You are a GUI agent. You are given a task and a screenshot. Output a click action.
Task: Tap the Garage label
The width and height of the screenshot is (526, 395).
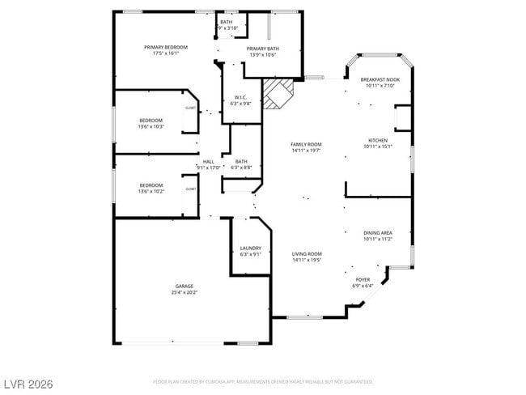point(184,286)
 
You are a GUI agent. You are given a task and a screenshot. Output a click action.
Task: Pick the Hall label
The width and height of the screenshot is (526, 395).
point(208,161)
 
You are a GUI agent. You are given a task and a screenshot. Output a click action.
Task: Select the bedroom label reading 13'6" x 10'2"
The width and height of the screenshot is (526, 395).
point(151,189)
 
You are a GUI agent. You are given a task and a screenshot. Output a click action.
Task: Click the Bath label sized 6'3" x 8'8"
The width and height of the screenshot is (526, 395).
point(241,164)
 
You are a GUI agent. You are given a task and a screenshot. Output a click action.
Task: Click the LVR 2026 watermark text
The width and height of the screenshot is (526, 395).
point(28,382)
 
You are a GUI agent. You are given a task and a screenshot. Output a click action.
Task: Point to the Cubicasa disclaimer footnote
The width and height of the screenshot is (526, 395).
point(263,380)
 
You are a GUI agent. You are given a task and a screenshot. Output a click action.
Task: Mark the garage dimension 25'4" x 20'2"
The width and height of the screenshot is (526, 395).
point(184,292)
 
